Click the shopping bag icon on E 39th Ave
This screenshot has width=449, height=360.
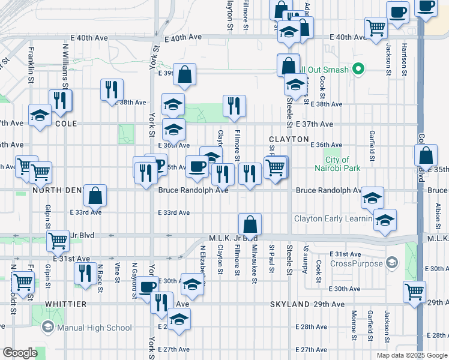pos(185,74)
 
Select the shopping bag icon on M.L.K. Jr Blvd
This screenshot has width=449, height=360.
pos(250,224)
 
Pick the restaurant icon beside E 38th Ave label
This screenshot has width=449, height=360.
pos(111,90)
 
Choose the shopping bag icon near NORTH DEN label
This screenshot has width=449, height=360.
pos(95,195)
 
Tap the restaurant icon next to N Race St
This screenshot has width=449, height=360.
pos(85,273)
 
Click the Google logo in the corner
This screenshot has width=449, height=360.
pos(20,353)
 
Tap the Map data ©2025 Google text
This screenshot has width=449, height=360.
pos(411,355)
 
